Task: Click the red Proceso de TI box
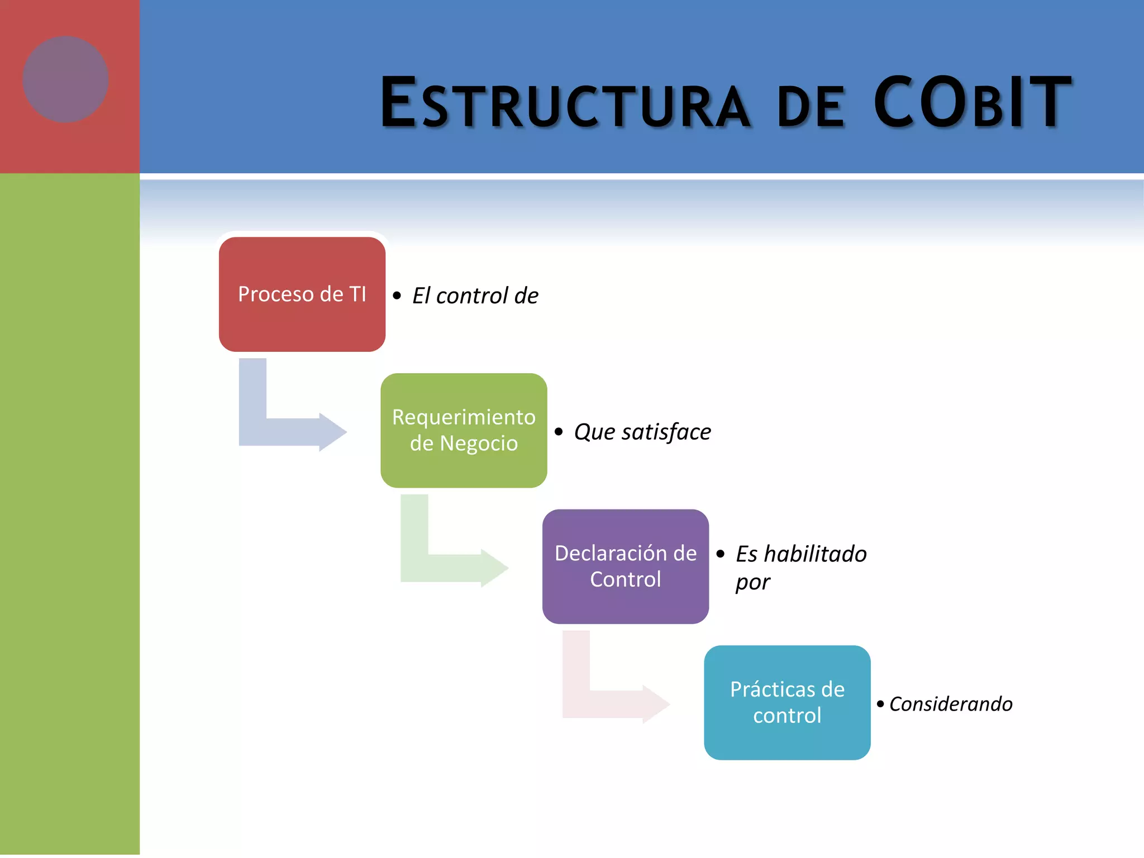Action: pyautogui.click(x=302, y=324)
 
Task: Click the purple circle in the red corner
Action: pyautogui.click(x=65, y=79)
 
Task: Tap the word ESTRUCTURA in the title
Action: pyautogui.click(x=564, y=104)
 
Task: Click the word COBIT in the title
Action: pyautogui.click(x=972, y=103)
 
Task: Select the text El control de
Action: pyautogui.click(x=475, y=296)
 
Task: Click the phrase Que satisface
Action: pyautogui.click(x=642, y=432)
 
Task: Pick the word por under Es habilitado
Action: pyautogui.click(x=752, y=583)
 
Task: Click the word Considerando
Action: pyautogui.click(x=950, y=704)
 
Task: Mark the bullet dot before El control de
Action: pyautogui.click(x=397, y=296)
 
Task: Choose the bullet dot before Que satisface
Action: pyautogui.click(x=559, y=432)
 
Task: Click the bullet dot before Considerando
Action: pyautogui.click(x=880, y=704)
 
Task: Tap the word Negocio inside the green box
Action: pyautogui.click(x=479, y=444)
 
